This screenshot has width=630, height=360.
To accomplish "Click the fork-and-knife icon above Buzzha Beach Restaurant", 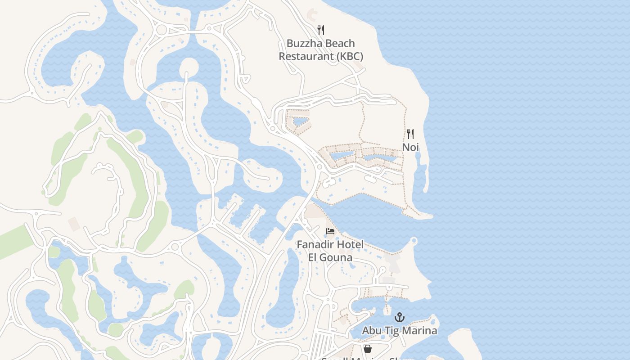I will (x=321, y=30).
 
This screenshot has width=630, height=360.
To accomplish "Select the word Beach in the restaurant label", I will (x=340, y=44).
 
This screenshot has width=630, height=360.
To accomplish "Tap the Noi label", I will (x=410, y=147).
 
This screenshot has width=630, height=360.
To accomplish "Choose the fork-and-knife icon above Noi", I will (x=410, y=134).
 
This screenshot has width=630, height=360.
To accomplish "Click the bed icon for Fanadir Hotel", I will (x=330, y=231).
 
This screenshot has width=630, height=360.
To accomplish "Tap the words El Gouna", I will (x=330, y=258).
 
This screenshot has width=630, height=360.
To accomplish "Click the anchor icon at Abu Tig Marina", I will (x=400, y=318).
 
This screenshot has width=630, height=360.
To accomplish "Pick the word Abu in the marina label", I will (x=372, y=331).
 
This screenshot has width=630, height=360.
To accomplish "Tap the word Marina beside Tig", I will (x=420, y=331).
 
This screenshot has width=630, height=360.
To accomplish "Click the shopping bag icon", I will (x=368, y=349).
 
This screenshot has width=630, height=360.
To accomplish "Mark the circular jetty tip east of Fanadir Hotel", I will (x=414, y=242).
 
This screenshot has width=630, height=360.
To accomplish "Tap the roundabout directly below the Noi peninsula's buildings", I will (x=319, y=167).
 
